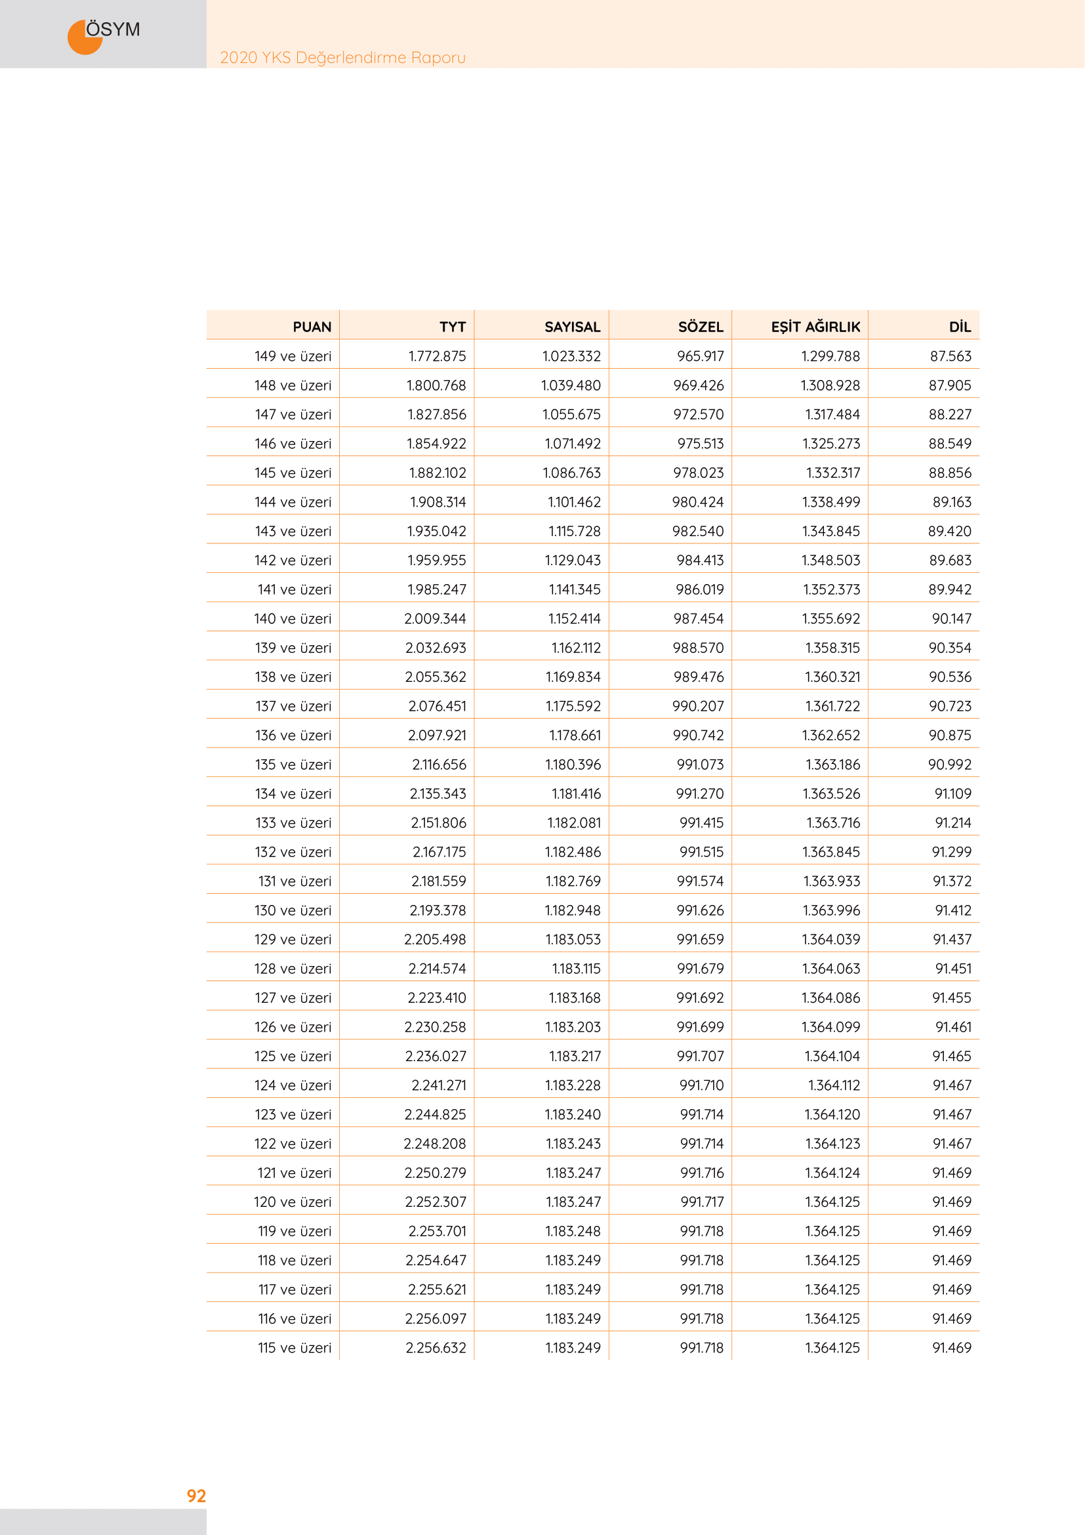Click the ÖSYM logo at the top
[104, 33]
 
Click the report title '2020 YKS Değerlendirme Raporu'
[342, 58]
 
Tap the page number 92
[196, 1496]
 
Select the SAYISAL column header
[572, 327]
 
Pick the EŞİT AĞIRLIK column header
[815, 327]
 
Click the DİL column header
[960, 327]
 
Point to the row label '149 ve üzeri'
[293, 356]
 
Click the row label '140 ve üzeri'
[293, 619]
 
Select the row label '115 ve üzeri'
[295, 1348]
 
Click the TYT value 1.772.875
[437, 356]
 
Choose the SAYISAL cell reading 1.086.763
[571, 473]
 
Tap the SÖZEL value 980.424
[697, 502]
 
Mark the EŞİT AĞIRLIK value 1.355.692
[830, 619]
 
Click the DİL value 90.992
[949, 765]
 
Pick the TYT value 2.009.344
[435, 619]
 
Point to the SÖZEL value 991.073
[699, 765]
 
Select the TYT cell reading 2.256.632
[436, 1348]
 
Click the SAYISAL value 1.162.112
[575, 648]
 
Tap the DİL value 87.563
[950, 356]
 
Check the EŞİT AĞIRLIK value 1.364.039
[830, 940]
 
